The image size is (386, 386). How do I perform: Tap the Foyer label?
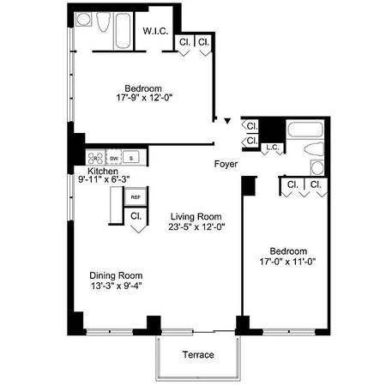226,163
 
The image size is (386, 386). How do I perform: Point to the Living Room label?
195,216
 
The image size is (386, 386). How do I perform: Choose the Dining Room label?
115,275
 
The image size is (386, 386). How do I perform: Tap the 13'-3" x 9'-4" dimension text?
115,286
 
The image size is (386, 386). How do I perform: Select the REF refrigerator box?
136,197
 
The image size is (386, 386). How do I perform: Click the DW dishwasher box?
114,158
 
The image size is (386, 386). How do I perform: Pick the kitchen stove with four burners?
95,158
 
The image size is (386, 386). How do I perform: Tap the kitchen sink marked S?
131,158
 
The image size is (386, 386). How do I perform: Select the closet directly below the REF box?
136,217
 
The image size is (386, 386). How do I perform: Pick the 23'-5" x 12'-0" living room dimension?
195,227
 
